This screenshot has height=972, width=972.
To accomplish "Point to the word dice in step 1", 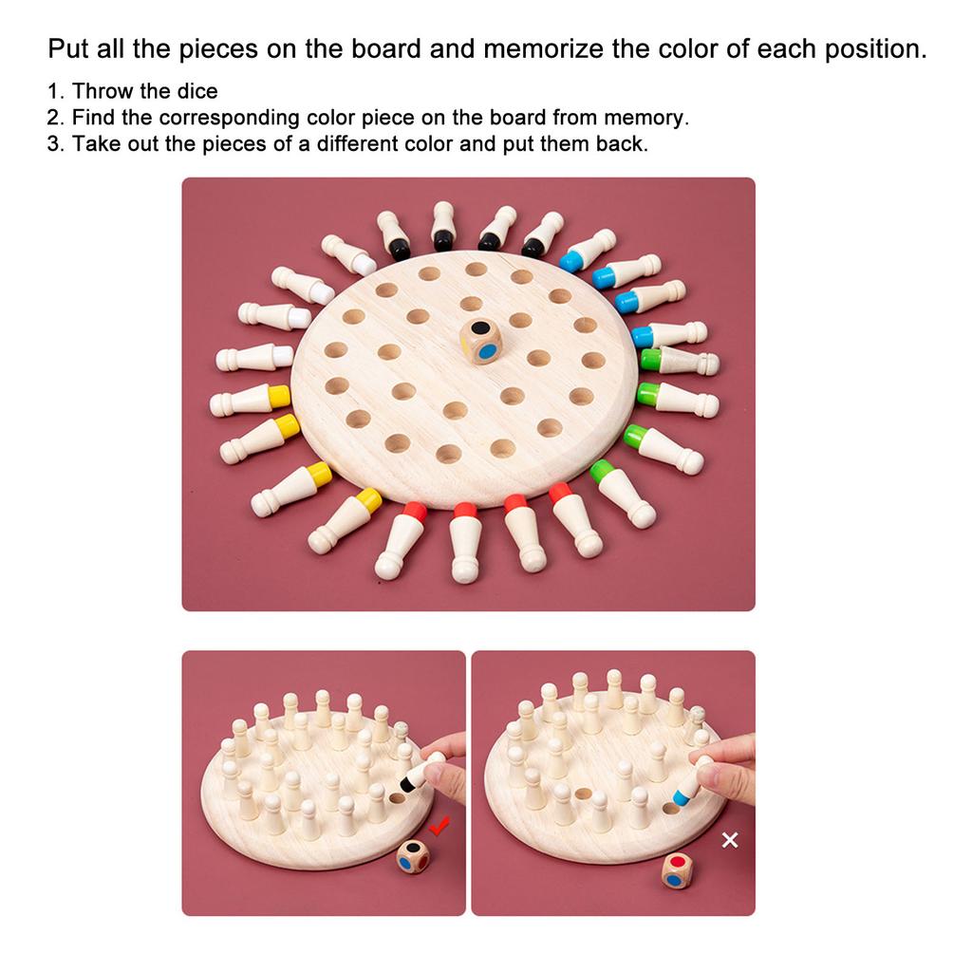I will (x=196, y=91).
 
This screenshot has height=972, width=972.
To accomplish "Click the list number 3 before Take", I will (x=55, y=144).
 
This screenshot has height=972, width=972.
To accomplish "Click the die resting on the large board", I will (x=482, y=341).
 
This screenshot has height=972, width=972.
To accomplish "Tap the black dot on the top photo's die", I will (x=483, y=329).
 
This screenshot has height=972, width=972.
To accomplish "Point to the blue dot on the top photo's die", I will (x=487, y=350).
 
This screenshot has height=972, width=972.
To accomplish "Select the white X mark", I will (x=730, y=840).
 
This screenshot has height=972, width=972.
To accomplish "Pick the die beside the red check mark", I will (x=413, y=857).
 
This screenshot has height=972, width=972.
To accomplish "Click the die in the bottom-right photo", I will (x=677, y=871).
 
